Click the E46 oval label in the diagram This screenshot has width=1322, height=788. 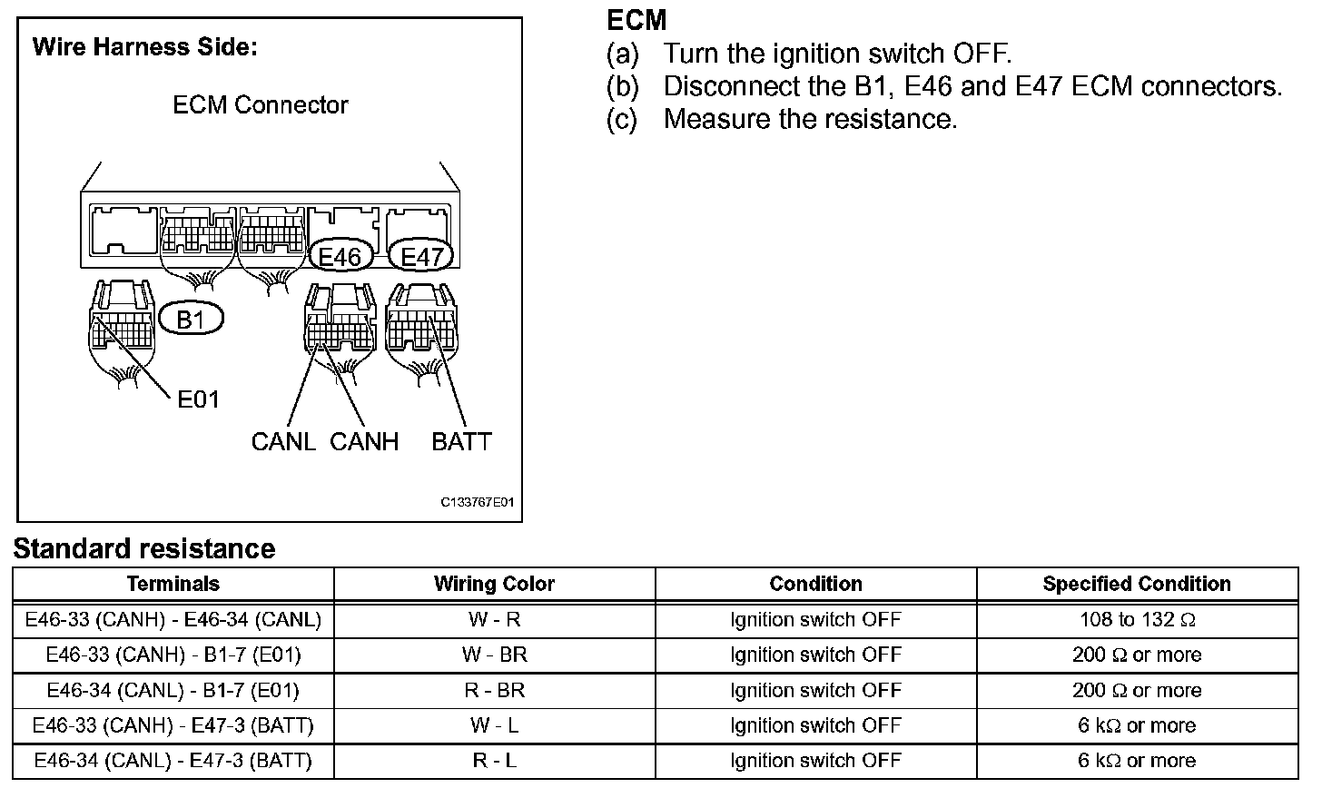point(340,257)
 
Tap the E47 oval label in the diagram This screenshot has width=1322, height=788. point(420,257)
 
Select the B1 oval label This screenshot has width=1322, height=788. point(191,320)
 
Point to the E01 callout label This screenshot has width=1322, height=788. point(198,399)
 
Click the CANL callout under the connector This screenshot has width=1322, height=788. point(283,442)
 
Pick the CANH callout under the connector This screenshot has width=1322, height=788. point(364,442)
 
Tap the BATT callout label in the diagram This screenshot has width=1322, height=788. point(461,442)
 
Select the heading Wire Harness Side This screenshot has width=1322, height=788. point(145,47)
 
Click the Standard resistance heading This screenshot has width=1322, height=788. point(143,548)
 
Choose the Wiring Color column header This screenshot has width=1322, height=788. point(494,584)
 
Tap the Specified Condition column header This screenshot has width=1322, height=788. point(1137,584)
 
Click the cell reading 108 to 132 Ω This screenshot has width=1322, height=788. point(1137,619)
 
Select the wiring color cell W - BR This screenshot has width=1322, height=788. point(494,655)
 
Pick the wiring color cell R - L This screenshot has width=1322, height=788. point(494,761)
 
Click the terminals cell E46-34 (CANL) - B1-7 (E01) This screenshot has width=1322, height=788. point(173,690)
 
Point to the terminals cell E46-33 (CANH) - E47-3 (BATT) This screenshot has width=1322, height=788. point(173,725)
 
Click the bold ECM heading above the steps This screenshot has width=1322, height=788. point(636,20)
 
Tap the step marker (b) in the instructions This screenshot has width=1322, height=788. point(623,87)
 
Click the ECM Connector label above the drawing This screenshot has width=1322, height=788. point(260,105)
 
